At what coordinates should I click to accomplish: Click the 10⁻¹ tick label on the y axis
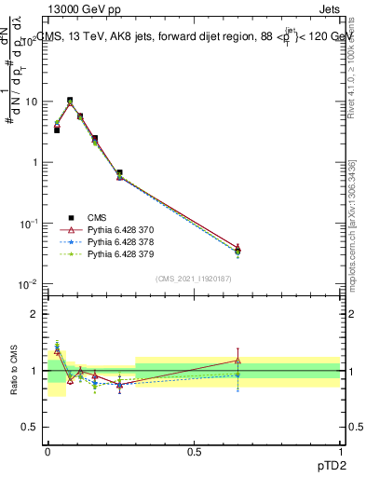pos(30,224)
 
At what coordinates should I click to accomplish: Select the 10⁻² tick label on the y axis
pos(30,284)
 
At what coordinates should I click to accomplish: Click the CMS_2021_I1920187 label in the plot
pos(194,277)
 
